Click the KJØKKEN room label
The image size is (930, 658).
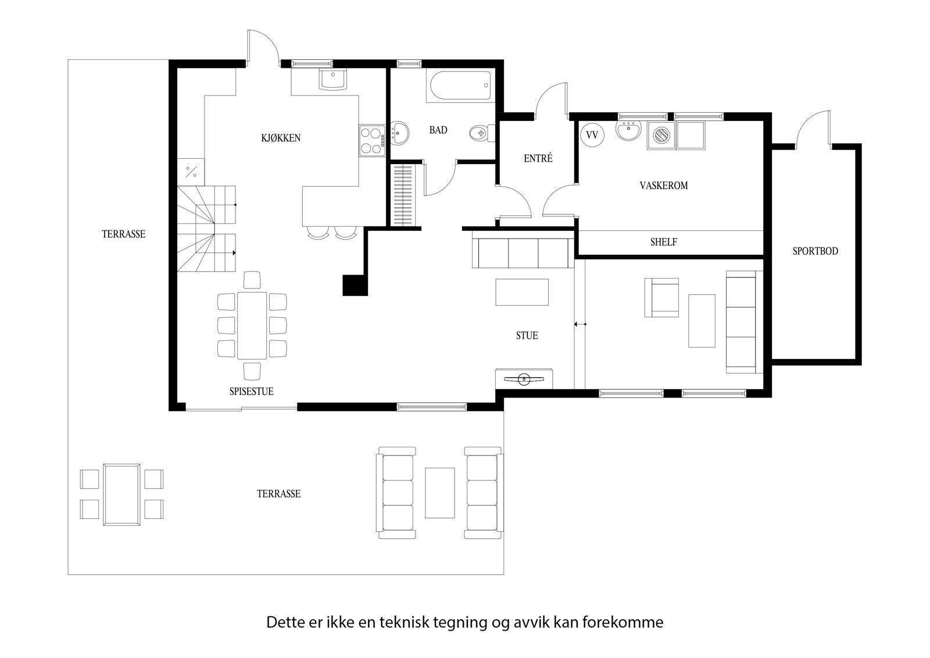[281, 138]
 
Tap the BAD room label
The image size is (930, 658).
[438, 130]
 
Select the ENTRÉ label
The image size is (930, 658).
[538, 158]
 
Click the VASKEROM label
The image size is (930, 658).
[663, 186]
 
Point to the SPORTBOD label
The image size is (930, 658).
[815, 251]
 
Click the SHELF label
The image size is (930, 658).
[663, 242]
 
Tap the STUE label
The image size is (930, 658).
[527, 336]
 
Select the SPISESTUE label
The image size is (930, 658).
[251, 392]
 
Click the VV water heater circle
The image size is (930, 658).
[592, 135]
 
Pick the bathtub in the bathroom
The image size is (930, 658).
[460, 86]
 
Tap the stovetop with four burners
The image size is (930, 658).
[371, 140]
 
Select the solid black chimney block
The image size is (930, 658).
[355, 285]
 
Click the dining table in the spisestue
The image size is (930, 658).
[252, 325]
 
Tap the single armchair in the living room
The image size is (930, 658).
[661, 297]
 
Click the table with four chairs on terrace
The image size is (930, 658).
[121, 494]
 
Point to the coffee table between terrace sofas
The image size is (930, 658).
[439, 492]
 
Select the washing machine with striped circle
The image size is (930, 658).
[661, 135]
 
